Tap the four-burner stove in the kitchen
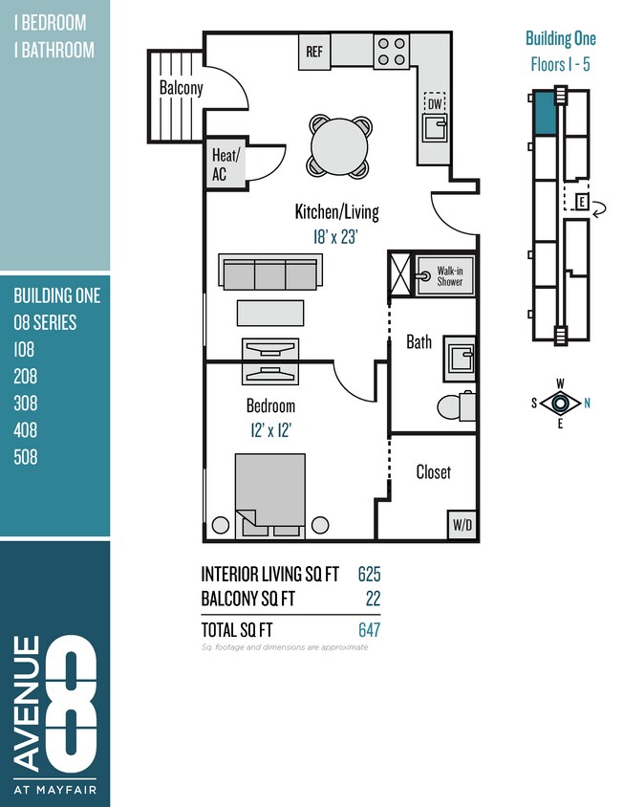[391, 51]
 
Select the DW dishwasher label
[435, 103]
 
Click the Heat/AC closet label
[226, 164]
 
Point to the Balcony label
[181, 88]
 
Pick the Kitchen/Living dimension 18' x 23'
[336, 236]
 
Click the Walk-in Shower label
[449, 275]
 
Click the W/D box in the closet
[462, 524]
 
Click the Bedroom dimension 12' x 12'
[270, 430]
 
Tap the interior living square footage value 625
[369, 574]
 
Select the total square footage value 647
[369, 629]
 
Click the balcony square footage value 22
[373, 599]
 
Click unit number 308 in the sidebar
[26, 403]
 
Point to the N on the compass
[587, 403]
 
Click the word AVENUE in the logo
[29, 703]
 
